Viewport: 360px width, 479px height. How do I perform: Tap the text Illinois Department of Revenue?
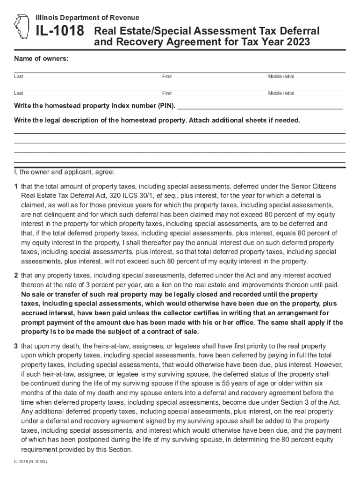[87, 18]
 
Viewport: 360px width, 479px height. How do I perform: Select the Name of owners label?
[41, 58]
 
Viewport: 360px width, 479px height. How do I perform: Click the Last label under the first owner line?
[19, 76]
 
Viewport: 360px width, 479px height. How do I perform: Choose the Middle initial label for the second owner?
[281, 93]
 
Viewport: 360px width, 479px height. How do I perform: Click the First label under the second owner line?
[167, 93]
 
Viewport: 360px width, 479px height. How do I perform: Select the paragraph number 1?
[16, 187]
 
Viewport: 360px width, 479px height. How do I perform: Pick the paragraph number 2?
[16, 276]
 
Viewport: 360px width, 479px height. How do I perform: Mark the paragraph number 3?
[16, 346]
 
